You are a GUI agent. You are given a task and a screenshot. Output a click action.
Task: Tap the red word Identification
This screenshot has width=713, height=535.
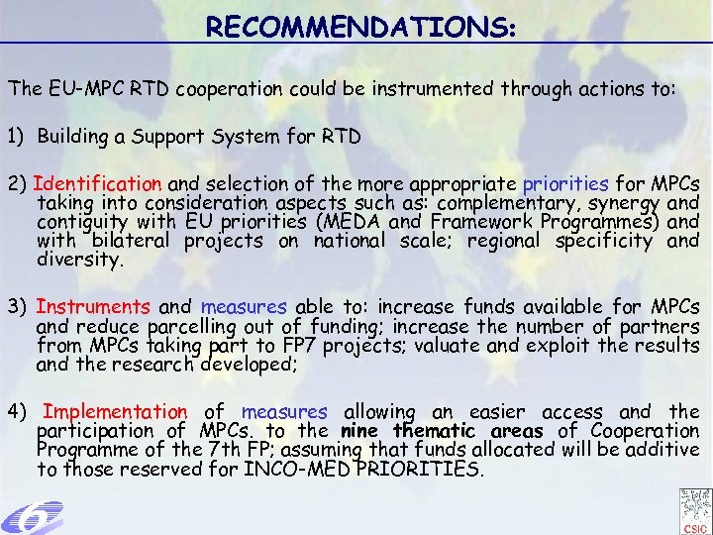(x=98, y=183)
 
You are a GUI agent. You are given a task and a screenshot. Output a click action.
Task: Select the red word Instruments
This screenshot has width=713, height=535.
(x=93, y=308)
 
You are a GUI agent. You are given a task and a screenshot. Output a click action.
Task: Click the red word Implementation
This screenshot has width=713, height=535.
(x=115, y=411)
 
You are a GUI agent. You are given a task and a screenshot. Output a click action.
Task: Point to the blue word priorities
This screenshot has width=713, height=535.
(x=566, y=183)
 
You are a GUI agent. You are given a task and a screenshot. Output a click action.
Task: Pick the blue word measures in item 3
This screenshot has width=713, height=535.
(x=244, y=308)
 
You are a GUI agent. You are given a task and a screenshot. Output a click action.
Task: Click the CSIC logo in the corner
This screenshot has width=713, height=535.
(x=695, y=509)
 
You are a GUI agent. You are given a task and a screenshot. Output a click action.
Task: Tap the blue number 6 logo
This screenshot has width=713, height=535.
(x=32, y=517)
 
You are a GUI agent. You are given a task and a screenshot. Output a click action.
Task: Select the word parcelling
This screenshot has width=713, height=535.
(x=195, y=328)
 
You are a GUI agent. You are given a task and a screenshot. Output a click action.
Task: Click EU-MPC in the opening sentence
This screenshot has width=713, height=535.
(x=79, y=88)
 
